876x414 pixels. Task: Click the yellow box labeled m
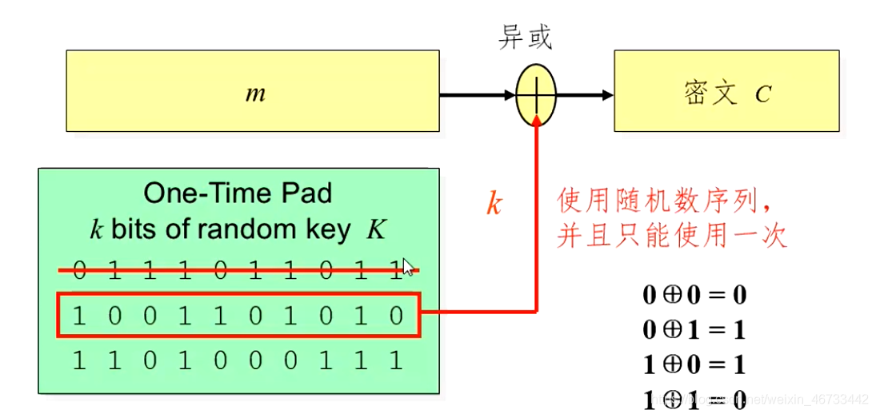click(x=253, y=91)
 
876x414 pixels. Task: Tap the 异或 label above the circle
click(x=525, y=38)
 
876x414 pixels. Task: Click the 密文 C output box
click(x=726, y=91)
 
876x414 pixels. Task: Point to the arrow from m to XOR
click(x=478, y=95)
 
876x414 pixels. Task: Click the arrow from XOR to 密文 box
click(x=584, y=95)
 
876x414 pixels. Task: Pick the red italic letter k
click(x=494, y=204)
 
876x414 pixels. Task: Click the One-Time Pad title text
click(x=238, y=193)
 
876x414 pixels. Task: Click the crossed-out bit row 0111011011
click(x=238, y=271)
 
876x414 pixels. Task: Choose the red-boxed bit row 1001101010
click(x=238, y=316)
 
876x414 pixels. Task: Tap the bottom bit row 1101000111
click(x=238, y=360)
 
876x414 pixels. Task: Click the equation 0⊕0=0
click(x=694, y=295)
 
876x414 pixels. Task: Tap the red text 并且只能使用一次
click(x=672, y=236)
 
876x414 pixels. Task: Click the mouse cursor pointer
click(x=407, y=266)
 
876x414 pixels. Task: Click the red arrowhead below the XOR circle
click(x=536, y=119)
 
